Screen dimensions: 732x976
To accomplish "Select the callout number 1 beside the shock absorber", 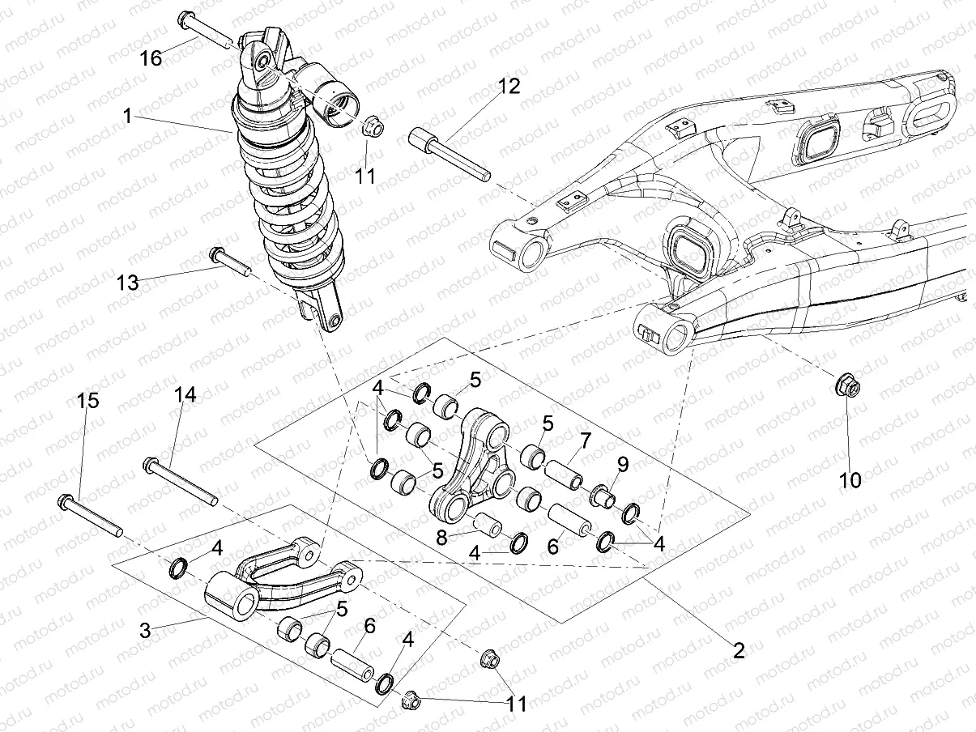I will click(x=126, y=116).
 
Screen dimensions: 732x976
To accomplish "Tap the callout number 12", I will click(x=509, y=86).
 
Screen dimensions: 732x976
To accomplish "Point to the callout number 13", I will click(x=128, y=283).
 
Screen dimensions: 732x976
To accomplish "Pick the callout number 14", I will click(x=185, y=394).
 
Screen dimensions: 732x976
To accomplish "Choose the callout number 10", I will click(x=850, y=479).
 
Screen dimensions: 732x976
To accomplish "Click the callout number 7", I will click(x=585, y=440).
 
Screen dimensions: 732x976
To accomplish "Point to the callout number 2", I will click(x=738, y=649).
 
